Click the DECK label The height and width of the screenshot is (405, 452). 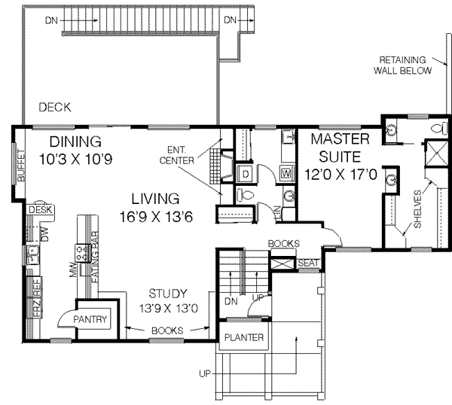[55, 108]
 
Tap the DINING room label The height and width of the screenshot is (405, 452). [75, 142]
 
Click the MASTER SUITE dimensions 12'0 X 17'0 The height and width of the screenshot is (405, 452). [340, 172]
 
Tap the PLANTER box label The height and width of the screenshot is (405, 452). [243, 338]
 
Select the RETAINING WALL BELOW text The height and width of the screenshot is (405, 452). [405, 65]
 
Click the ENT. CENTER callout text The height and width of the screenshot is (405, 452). [177, 155]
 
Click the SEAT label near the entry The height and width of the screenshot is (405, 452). [307, 263]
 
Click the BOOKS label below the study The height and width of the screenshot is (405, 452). [168, 330]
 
